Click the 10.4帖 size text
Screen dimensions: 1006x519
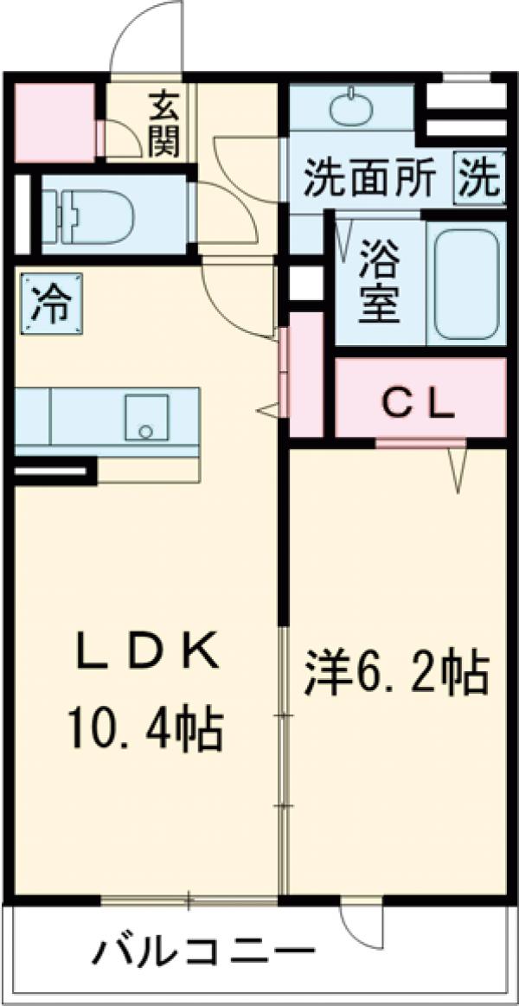coord(144,729)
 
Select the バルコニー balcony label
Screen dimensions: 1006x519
coord(203,952)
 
